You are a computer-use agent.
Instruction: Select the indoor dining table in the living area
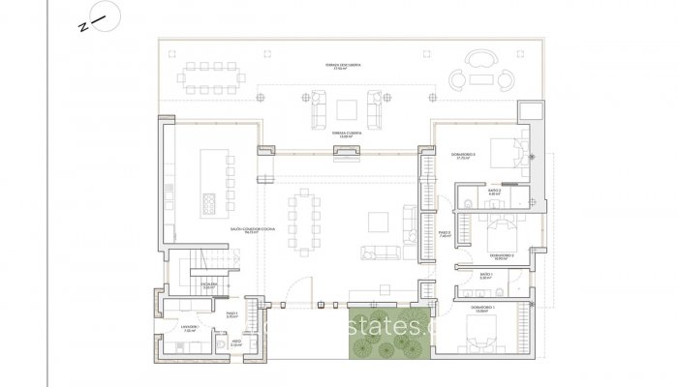tap(311, 218)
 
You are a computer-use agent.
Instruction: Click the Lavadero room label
tap(190, 328)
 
